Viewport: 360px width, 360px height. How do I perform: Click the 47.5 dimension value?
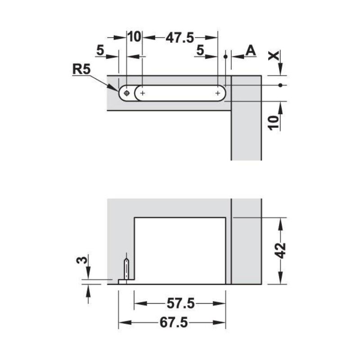pyautogui.click(x=180, y=37)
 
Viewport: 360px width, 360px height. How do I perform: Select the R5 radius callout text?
pyautogui.click(x=81, y=69)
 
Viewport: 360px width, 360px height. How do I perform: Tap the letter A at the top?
pyautogui.click(x=251, y=50)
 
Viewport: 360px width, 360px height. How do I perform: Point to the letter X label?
pyautogui.click(x=274, y=55)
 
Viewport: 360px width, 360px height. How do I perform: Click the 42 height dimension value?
pyautogui.click(x=281, y=251)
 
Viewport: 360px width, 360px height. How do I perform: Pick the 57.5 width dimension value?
pyautogui.click(x=180, y=303)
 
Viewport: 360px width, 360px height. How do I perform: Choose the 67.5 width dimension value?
pyautogui.click(x=174, y=323)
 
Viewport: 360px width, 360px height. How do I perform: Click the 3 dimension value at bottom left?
pyautogui.click(x=82, y=260)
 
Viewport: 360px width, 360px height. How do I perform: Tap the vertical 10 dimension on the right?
pyautogui.click(x=274, y=123)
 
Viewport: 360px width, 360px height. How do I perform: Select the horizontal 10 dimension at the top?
pyautogui.click(x=134, y=37)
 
